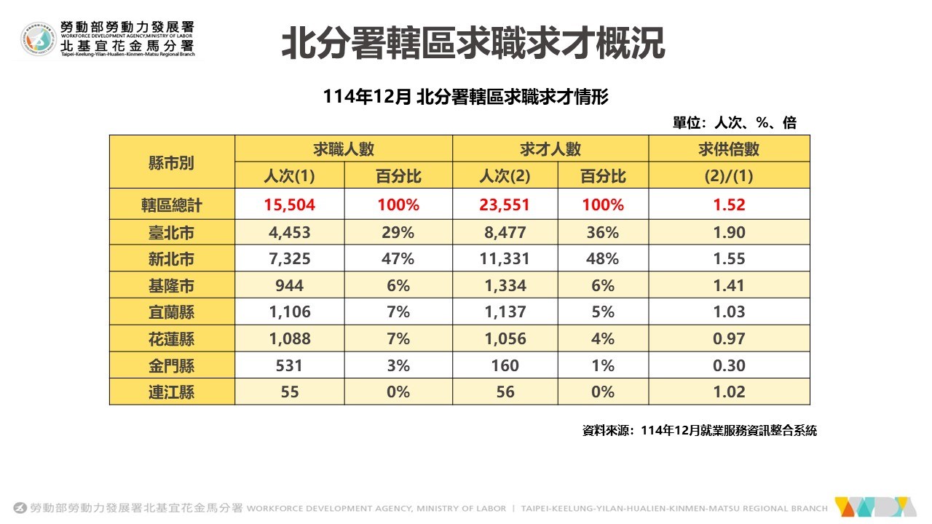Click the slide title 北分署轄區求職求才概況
coord(473,44)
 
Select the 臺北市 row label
coord(171,232)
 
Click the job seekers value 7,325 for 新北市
coord(289,258)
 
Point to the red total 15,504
coord(289,205)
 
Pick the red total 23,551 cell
coord(505,205)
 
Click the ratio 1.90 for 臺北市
coord(729,232)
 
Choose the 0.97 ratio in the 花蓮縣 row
coord(729,338)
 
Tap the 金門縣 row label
coord(171,365)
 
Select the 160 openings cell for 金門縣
coord(505,365)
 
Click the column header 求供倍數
coord(729,149)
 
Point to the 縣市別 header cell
coord(171,162)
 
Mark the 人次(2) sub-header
coord(505,176)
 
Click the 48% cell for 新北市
coord(602,258)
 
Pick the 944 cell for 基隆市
coord(289,285)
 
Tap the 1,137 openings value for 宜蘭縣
coord(505,311)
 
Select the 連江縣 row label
coord(171,392)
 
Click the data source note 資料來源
coord(699,431)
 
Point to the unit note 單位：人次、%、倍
coord(734,123)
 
